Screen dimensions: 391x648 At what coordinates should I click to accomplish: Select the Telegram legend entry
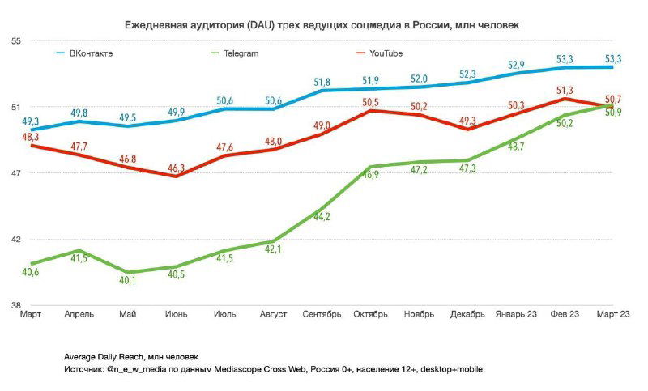coord(241,53)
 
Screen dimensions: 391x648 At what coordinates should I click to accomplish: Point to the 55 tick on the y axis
coord(15,41)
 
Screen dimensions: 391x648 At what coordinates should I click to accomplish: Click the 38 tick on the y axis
coord(15,305)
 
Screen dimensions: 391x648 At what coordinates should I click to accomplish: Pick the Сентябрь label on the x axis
coord(322,314)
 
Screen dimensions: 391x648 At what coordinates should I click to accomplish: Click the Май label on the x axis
coord(127,314)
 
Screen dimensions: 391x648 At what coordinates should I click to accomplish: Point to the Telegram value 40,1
coord(127,280)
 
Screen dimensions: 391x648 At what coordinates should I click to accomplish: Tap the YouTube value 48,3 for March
coord(30,138)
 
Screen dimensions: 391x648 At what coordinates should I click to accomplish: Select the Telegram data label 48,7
coord(516,146)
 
